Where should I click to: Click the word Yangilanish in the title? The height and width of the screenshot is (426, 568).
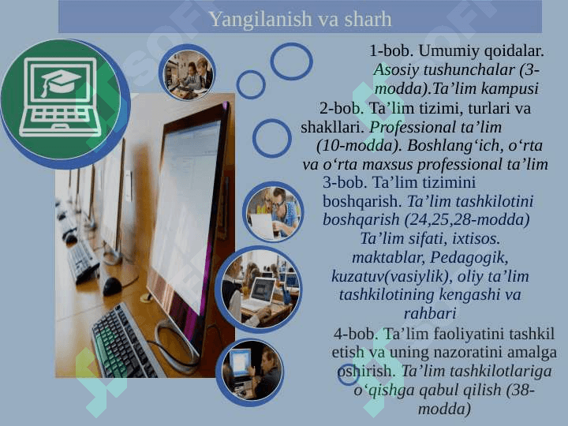coord(256,20)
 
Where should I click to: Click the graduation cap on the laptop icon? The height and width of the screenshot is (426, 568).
coord(60,83)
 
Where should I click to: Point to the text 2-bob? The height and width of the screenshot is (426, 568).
coord(342,108)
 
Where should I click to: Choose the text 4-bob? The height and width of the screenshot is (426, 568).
coord(356,334)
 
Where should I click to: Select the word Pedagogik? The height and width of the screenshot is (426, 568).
coord(469,257)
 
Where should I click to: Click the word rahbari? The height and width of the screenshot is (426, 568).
coord(430,313)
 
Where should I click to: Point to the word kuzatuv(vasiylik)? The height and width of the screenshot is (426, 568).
coord(392,277)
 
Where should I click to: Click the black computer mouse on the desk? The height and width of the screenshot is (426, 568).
coord(112,286)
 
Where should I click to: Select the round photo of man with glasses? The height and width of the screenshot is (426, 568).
coord(273,212)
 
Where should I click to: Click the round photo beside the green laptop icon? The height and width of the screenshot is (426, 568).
coord(187,73)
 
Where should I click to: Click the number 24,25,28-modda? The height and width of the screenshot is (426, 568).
coord(466,220)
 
